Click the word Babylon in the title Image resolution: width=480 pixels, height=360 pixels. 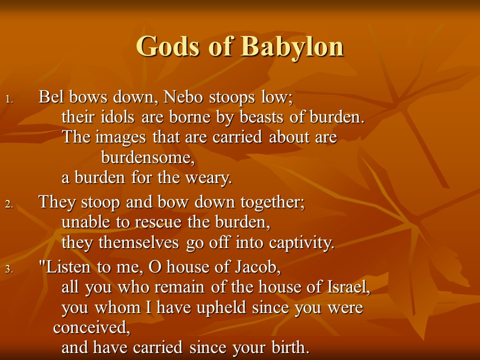292,46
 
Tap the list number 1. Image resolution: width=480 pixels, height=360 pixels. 9,99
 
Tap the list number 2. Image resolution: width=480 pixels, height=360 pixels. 9,204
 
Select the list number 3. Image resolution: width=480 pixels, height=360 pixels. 9,269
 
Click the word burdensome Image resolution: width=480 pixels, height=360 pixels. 148,157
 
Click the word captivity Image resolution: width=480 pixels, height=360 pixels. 301,242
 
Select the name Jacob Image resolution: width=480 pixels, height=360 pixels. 258,266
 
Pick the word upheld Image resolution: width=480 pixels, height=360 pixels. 221,307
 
